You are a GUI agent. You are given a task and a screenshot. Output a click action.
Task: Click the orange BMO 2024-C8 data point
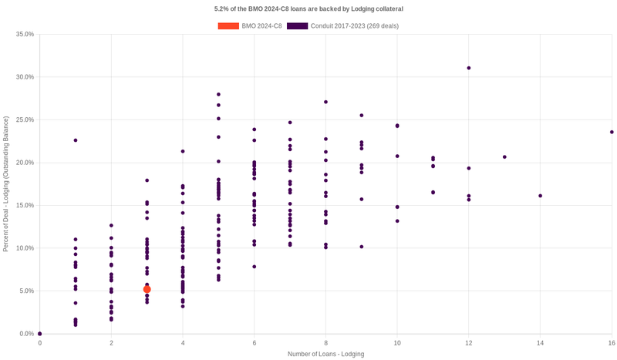(x=147, y=289)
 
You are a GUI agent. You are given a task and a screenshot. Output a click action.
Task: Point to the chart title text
(x=308, y=8)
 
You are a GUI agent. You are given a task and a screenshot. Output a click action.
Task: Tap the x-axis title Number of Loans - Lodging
(x=325, y=354)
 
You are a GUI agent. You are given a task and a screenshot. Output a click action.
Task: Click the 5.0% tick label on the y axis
(x=26, y=291)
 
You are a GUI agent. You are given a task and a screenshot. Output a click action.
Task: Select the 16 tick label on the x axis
(x=612, y=342)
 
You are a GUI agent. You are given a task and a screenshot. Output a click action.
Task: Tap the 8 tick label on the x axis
(x=325, y=342)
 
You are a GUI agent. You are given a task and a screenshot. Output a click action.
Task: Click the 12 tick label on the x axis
(x=468, y=342)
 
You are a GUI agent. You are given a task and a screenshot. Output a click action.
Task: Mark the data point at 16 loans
(x=612, y=132)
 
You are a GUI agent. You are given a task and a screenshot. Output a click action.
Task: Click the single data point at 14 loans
(x=540, y=196)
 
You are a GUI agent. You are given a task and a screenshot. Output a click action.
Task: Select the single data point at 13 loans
(x=504, y=157)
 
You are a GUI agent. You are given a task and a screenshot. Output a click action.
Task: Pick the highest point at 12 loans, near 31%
(x=468, y=68)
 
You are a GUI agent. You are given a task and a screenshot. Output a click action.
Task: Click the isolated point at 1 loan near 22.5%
(x=76, y=140)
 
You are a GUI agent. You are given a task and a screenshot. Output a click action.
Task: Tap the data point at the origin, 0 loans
(x=40, y=334)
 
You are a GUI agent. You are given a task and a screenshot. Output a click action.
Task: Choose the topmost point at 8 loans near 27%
(x=325, y=102)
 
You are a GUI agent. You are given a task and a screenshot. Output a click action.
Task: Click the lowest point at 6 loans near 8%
(x=254, y=267)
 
